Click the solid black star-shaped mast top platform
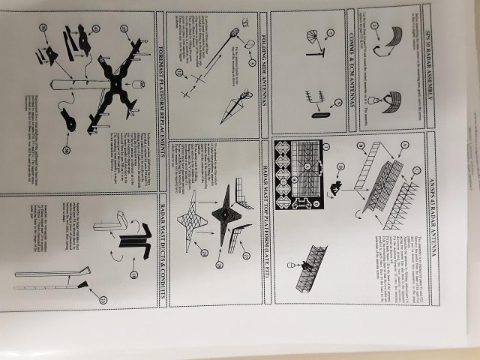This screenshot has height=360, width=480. pos(224,214)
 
